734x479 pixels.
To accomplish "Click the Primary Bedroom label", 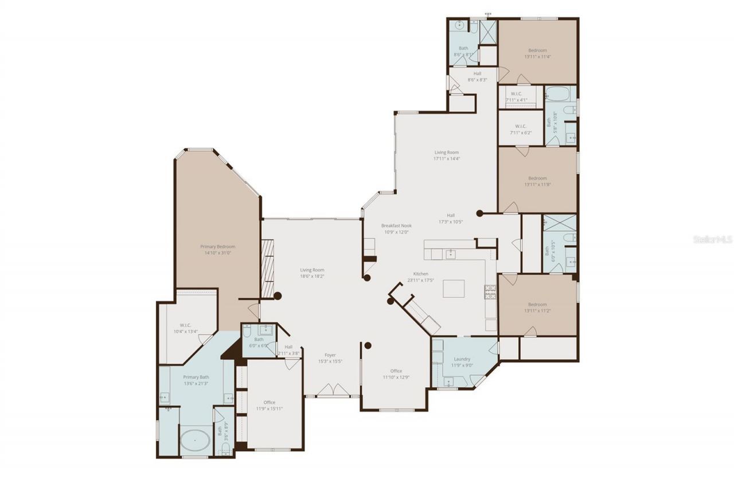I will [x=218, y=250].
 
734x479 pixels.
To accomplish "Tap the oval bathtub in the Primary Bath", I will [x=195, y=442].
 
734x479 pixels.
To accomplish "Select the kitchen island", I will [x=454, y=288].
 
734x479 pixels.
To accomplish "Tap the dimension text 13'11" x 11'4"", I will [x=537, y=57].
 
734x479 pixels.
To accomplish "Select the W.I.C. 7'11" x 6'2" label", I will [x=521, y=129].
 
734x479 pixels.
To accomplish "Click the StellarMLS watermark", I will [x=712, y=239].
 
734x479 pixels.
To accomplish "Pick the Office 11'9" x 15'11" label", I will [x=270, y=405].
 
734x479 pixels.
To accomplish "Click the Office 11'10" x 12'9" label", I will [x=396, y=374].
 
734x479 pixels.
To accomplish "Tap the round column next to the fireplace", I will [x=278, y=296].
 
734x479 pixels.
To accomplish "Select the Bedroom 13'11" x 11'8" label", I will [x=537, y=181].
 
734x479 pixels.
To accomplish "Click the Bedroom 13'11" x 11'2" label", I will [x=537, y=307].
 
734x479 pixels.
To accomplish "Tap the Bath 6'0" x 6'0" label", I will [x=259, y=342].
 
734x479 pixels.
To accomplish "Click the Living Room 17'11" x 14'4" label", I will [x=446, y=155].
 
